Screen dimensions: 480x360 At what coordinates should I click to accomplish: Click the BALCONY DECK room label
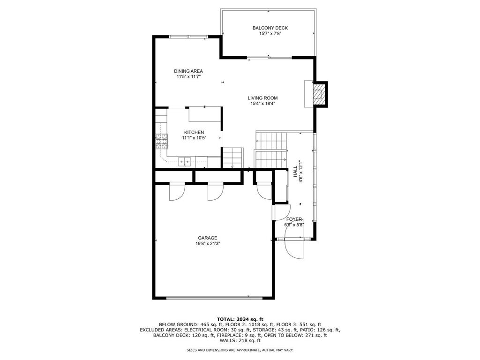tap(270, 28)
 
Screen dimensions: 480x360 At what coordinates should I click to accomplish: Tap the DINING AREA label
tap(188, 71)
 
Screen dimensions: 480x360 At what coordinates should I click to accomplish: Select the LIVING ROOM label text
tap(262, 98)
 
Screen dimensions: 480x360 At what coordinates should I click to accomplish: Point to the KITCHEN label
tap(194, 132)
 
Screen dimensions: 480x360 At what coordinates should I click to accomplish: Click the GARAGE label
tap(208, 238)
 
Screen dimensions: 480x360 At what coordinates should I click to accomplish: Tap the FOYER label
tap(294, 219)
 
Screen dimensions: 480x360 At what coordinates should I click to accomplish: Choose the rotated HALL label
tap(295, 172)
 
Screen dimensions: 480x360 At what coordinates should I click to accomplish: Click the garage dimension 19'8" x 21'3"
tap(208, 244)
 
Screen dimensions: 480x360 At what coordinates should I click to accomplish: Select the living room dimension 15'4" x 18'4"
tap(262, 104)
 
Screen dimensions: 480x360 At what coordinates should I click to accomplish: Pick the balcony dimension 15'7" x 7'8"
tap(270, 34)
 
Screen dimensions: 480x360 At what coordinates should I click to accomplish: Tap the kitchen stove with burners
tap(161, 141)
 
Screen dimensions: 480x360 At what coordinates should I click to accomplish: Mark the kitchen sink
tap(185, 161)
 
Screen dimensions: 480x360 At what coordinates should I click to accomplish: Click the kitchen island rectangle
tap(205, 114)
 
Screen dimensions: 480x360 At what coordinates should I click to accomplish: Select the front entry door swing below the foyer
tap(294, 248)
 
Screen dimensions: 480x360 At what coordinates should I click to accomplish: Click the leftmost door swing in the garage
tap(177, 192)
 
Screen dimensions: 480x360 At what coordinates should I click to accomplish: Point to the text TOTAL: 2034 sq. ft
tap(240, 319)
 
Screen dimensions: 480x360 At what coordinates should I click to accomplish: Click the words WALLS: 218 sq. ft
tap(240, 340)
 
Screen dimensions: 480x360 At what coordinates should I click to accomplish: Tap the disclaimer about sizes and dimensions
tap(240, 350)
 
